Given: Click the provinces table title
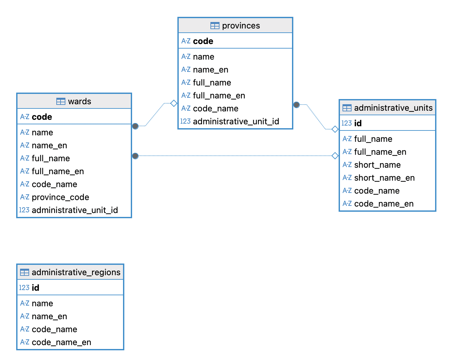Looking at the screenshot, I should click(x=241, y=26).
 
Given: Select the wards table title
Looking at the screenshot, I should click(x=79, y=101).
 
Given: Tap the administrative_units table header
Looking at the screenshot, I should click(x=393, y=108).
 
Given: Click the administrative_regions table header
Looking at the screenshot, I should click(x=76, y=272).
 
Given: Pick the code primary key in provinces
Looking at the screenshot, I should click(x=203, y=41).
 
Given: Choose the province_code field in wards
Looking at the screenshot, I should click(x=60, y=197).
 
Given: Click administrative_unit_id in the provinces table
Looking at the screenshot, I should click(x=236, y=121).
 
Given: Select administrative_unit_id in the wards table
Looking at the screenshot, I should click(x=74, y=210).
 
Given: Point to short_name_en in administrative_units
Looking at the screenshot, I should click(x=384, y=178).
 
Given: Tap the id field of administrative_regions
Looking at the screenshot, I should click(x=35, y=288).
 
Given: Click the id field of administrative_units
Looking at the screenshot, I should click(x=358, y=123).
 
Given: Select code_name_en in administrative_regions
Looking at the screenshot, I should click(x=61, y=342).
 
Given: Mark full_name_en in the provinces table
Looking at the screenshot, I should click(x=219, y=96).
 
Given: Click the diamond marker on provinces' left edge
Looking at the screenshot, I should click(x=174, y=103).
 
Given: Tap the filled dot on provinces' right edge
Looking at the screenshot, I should click(x=297, y=105).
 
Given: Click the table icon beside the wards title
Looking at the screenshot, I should click(x=61, y=101).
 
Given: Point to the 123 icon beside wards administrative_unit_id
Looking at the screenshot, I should click(x=24, y=210).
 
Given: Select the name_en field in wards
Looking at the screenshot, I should click(x=49, y=145).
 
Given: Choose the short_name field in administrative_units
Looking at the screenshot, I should click(x=377, y=165).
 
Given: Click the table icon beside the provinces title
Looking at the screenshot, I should click(x=215, y=26).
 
